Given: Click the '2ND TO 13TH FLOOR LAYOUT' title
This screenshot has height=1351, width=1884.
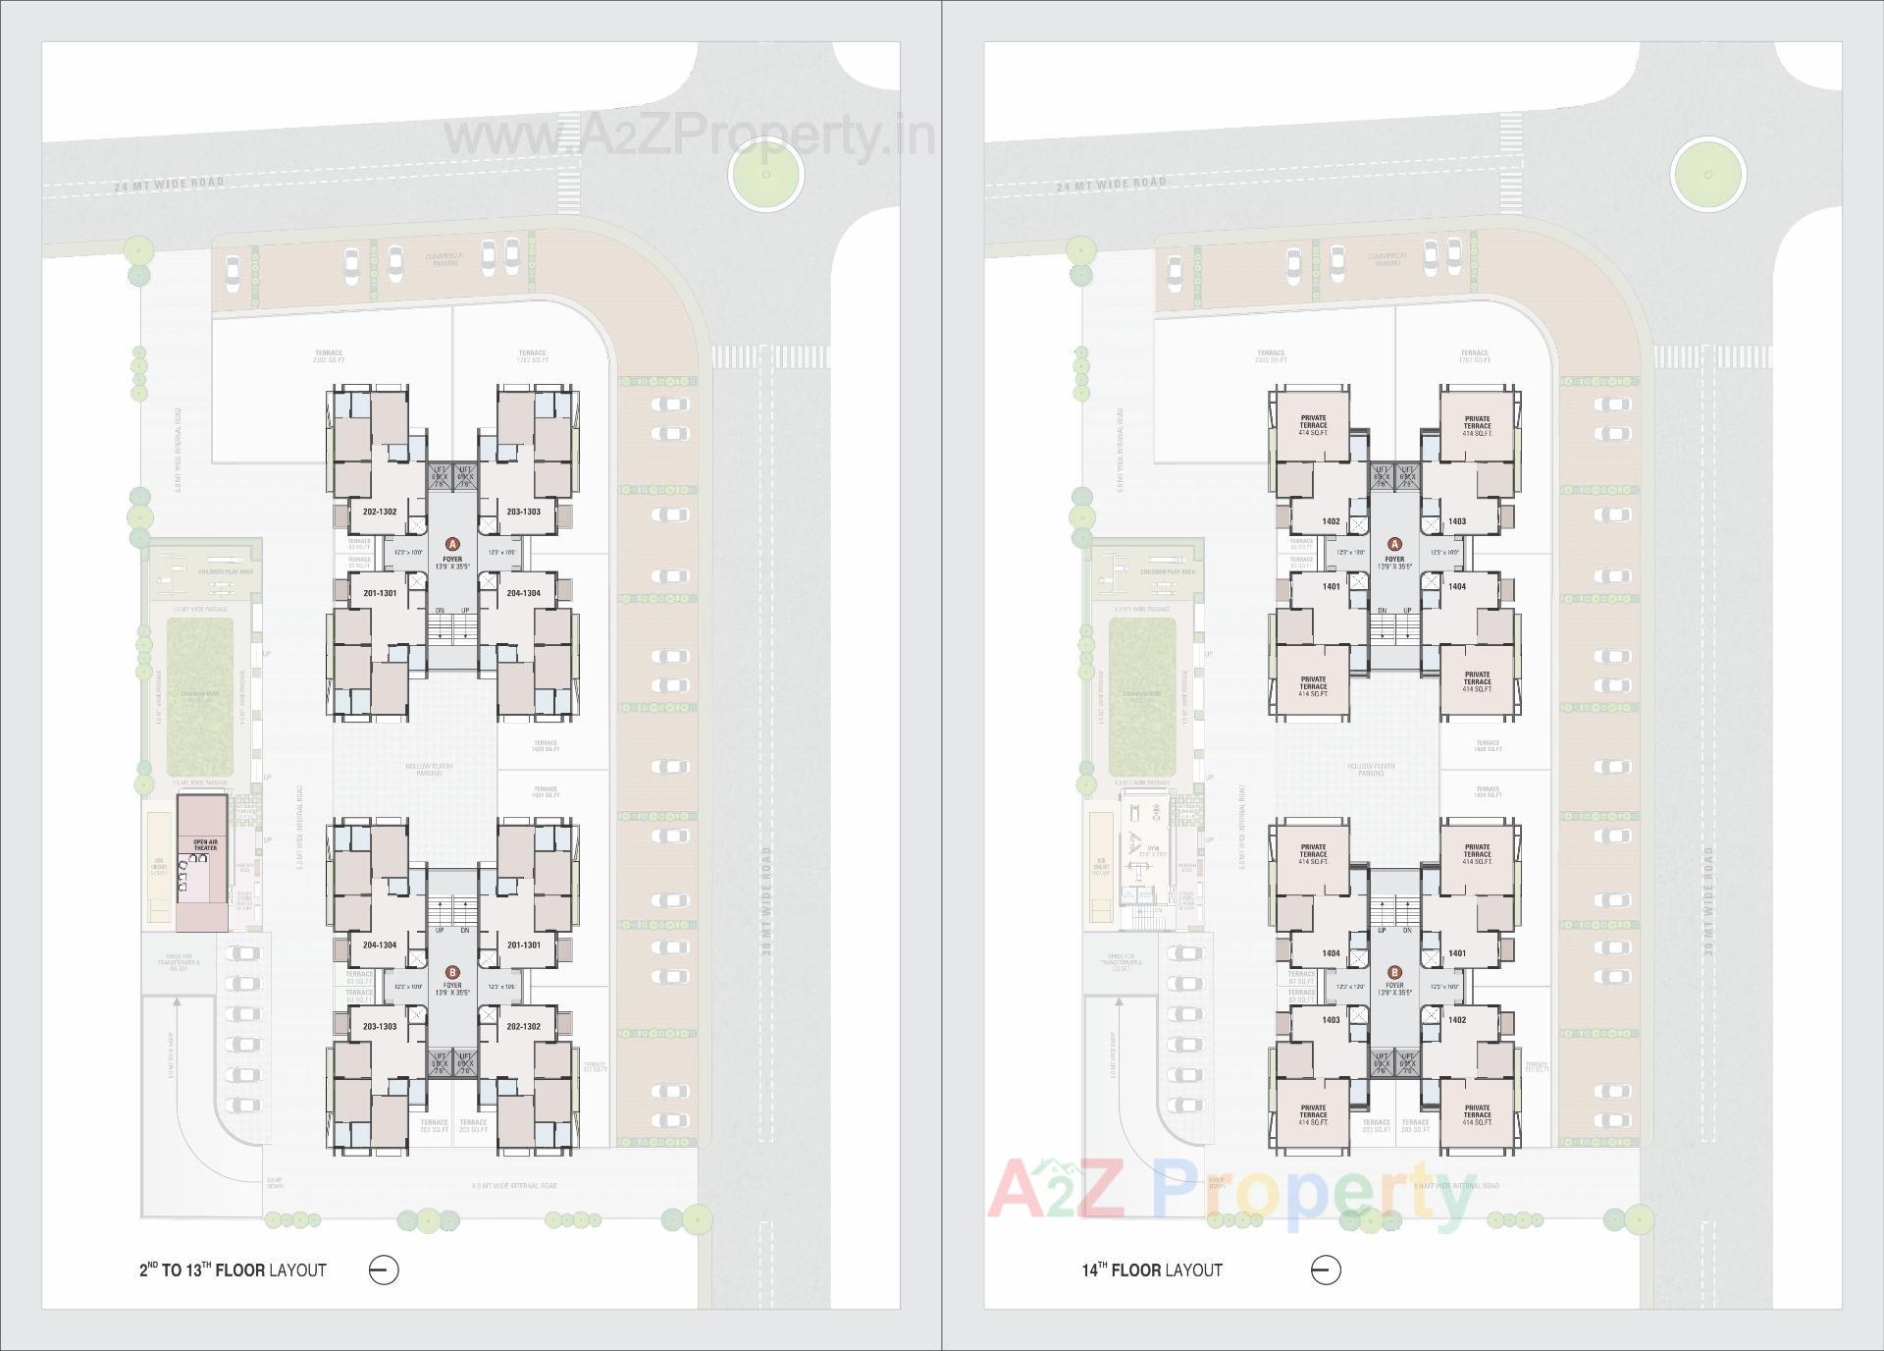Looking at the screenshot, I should [x=233, y=1270].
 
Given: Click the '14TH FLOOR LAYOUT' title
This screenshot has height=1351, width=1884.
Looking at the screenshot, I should [x=1152, y=1270].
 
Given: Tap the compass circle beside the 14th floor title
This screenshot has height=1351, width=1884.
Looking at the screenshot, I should [x=1326, y=1270].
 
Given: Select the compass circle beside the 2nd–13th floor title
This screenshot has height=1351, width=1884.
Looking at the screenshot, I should [x=384, y=1270].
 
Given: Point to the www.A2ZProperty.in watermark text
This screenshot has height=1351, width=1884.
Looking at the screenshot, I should [x=689, y=136].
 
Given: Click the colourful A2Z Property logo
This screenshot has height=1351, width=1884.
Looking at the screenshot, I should [x=1231, y=1196].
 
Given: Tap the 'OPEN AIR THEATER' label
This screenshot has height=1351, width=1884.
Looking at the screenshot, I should [x=205, y=844].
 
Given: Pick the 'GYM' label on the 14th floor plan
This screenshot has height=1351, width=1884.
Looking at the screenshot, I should [x=1153, y=848].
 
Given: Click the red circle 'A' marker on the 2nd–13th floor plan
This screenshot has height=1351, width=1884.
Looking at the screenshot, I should [x=452, y=543].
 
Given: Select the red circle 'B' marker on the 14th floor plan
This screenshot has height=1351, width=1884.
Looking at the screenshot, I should [x=1394, y=972].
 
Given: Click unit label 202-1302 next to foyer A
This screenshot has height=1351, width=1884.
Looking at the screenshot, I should [x=379, y=512].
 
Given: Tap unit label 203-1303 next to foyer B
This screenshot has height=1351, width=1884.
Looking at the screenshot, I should [x=380, y=1026].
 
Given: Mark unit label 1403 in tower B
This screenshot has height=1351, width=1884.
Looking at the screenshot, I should [x=1331, y=1020].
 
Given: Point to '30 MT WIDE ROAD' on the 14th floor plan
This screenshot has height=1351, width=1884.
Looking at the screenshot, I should [x=1707, y=901].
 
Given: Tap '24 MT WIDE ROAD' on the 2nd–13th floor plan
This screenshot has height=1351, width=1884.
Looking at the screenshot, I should [x=169, y=184].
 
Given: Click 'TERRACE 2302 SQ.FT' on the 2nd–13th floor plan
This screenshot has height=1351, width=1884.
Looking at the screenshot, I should [x=329, y=355].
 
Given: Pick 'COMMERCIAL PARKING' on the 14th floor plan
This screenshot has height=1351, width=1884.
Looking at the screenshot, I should [x=1387, y=259].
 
